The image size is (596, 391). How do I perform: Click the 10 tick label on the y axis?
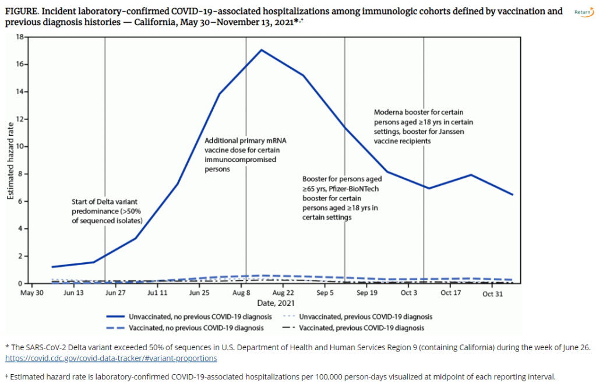coord(19,146)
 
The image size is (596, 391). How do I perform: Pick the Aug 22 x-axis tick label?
coord(283,293)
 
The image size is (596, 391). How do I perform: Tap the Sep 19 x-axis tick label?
coord(366,293)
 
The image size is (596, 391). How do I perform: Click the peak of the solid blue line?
coord(262,50)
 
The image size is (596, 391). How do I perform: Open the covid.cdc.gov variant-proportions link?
coord(111,358)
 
